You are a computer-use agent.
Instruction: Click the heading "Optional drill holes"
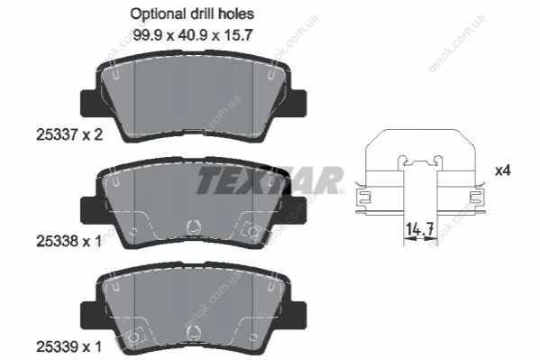tap(192, 14)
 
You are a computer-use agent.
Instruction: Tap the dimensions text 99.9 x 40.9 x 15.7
tap(193, 35)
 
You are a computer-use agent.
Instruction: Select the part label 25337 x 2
tap(69, 134)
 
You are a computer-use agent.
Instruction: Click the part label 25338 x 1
tap(69, 242)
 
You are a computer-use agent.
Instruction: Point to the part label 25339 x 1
tap(69, 346)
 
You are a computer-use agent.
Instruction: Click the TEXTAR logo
tap(270, 180)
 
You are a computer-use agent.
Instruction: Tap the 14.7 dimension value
tap(419, 229)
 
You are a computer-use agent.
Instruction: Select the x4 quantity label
tap(502, 171)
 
